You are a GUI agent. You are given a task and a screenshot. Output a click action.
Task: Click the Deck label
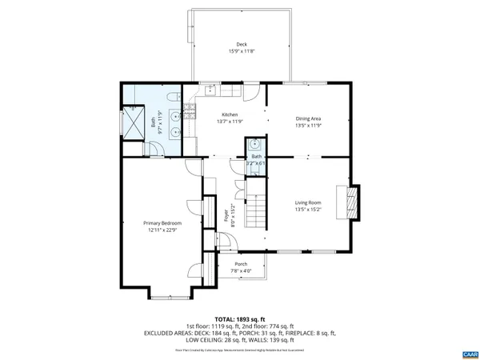(x=241, y=44)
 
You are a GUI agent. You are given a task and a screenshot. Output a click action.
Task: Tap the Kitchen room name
(x=230, y=114)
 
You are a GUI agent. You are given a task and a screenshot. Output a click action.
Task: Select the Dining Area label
(x=308, y=118)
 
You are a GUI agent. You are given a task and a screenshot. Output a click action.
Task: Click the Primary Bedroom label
(x=162, y=222)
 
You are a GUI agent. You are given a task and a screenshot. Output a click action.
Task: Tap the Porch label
(x=241, y=264)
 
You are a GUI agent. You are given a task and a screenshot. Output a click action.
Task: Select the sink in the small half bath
(x=254, y=146)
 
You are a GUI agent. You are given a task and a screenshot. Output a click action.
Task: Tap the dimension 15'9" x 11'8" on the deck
(x=241, y=53)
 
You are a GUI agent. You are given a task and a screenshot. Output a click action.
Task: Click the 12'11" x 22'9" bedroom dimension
(x=162, y=230)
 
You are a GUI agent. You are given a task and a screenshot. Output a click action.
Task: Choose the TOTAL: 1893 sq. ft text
(x=240, y=319)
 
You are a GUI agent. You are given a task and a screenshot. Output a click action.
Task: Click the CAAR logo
(x=469, y=353)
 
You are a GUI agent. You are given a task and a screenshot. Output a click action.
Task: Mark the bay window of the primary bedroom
(x=170, y=295)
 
